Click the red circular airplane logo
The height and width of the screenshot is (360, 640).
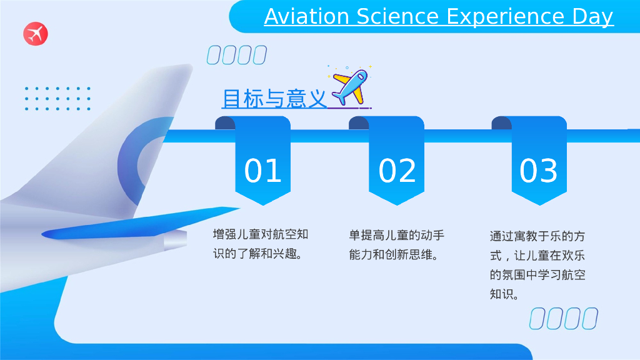(x=36, y=34)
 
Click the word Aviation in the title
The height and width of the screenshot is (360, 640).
(x=306, y=17)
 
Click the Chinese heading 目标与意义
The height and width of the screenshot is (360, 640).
(x=274, y=99)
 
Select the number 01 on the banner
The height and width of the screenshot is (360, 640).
(x=263, y=170)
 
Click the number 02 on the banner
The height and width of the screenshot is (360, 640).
(x=397, y=170)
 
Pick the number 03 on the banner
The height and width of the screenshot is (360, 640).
(x=538, y=170)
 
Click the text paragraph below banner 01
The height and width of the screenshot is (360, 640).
(x=261, y=244)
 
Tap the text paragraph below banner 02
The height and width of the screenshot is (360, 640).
(x=396, y=245)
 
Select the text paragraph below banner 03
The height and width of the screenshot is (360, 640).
(x=537, y=265)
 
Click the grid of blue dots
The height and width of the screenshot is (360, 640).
(x=57, y=98)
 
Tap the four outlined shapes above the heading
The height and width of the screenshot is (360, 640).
(x=237, y=55)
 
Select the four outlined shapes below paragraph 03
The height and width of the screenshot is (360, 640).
(x=564, y=318)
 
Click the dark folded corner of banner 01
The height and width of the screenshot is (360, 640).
(x=225, y=123)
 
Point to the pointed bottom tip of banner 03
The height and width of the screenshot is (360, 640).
(x=539, y=205)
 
